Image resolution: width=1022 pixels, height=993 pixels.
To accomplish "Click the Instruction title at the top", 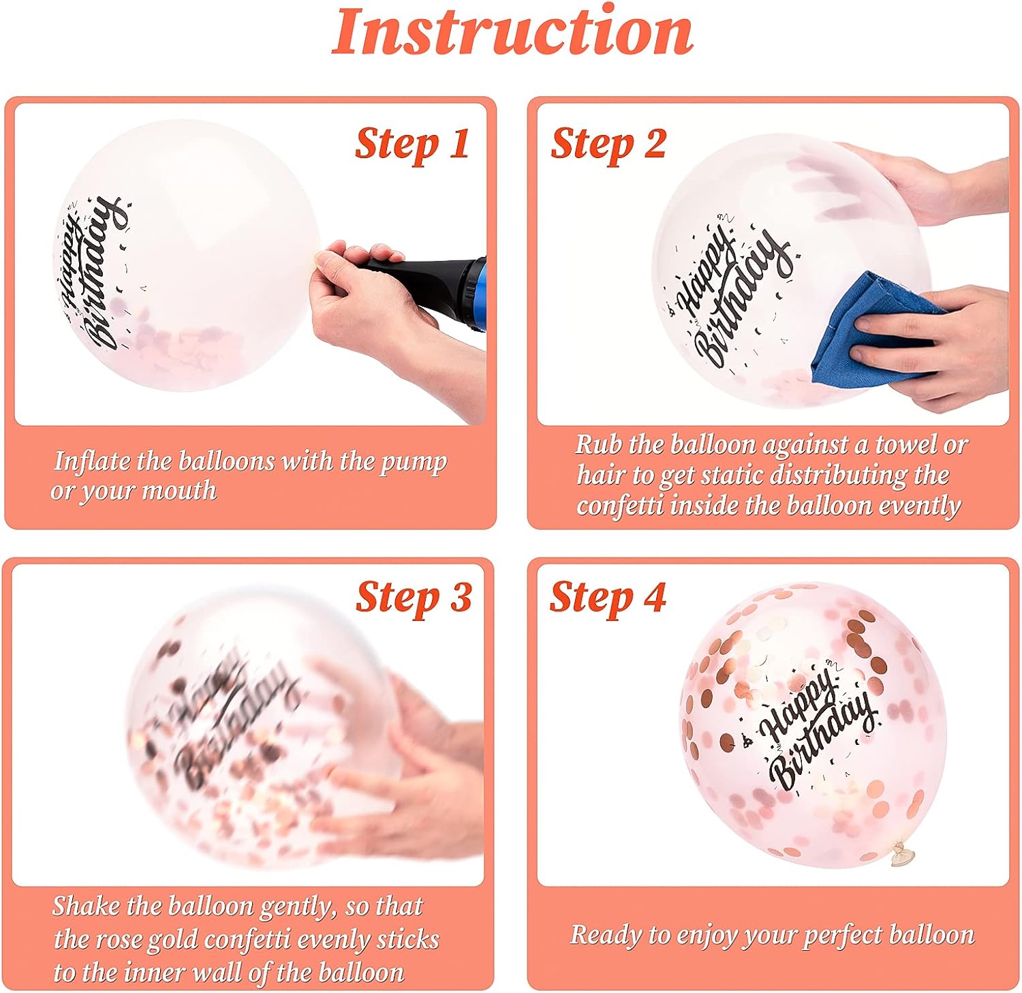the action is pos(512,32).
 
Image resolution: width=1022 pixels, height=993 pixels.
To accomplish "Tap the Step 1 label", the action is pos(412,144).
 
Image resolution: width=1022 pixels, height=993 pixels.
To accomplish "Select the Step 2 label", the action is pos(608,144).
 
